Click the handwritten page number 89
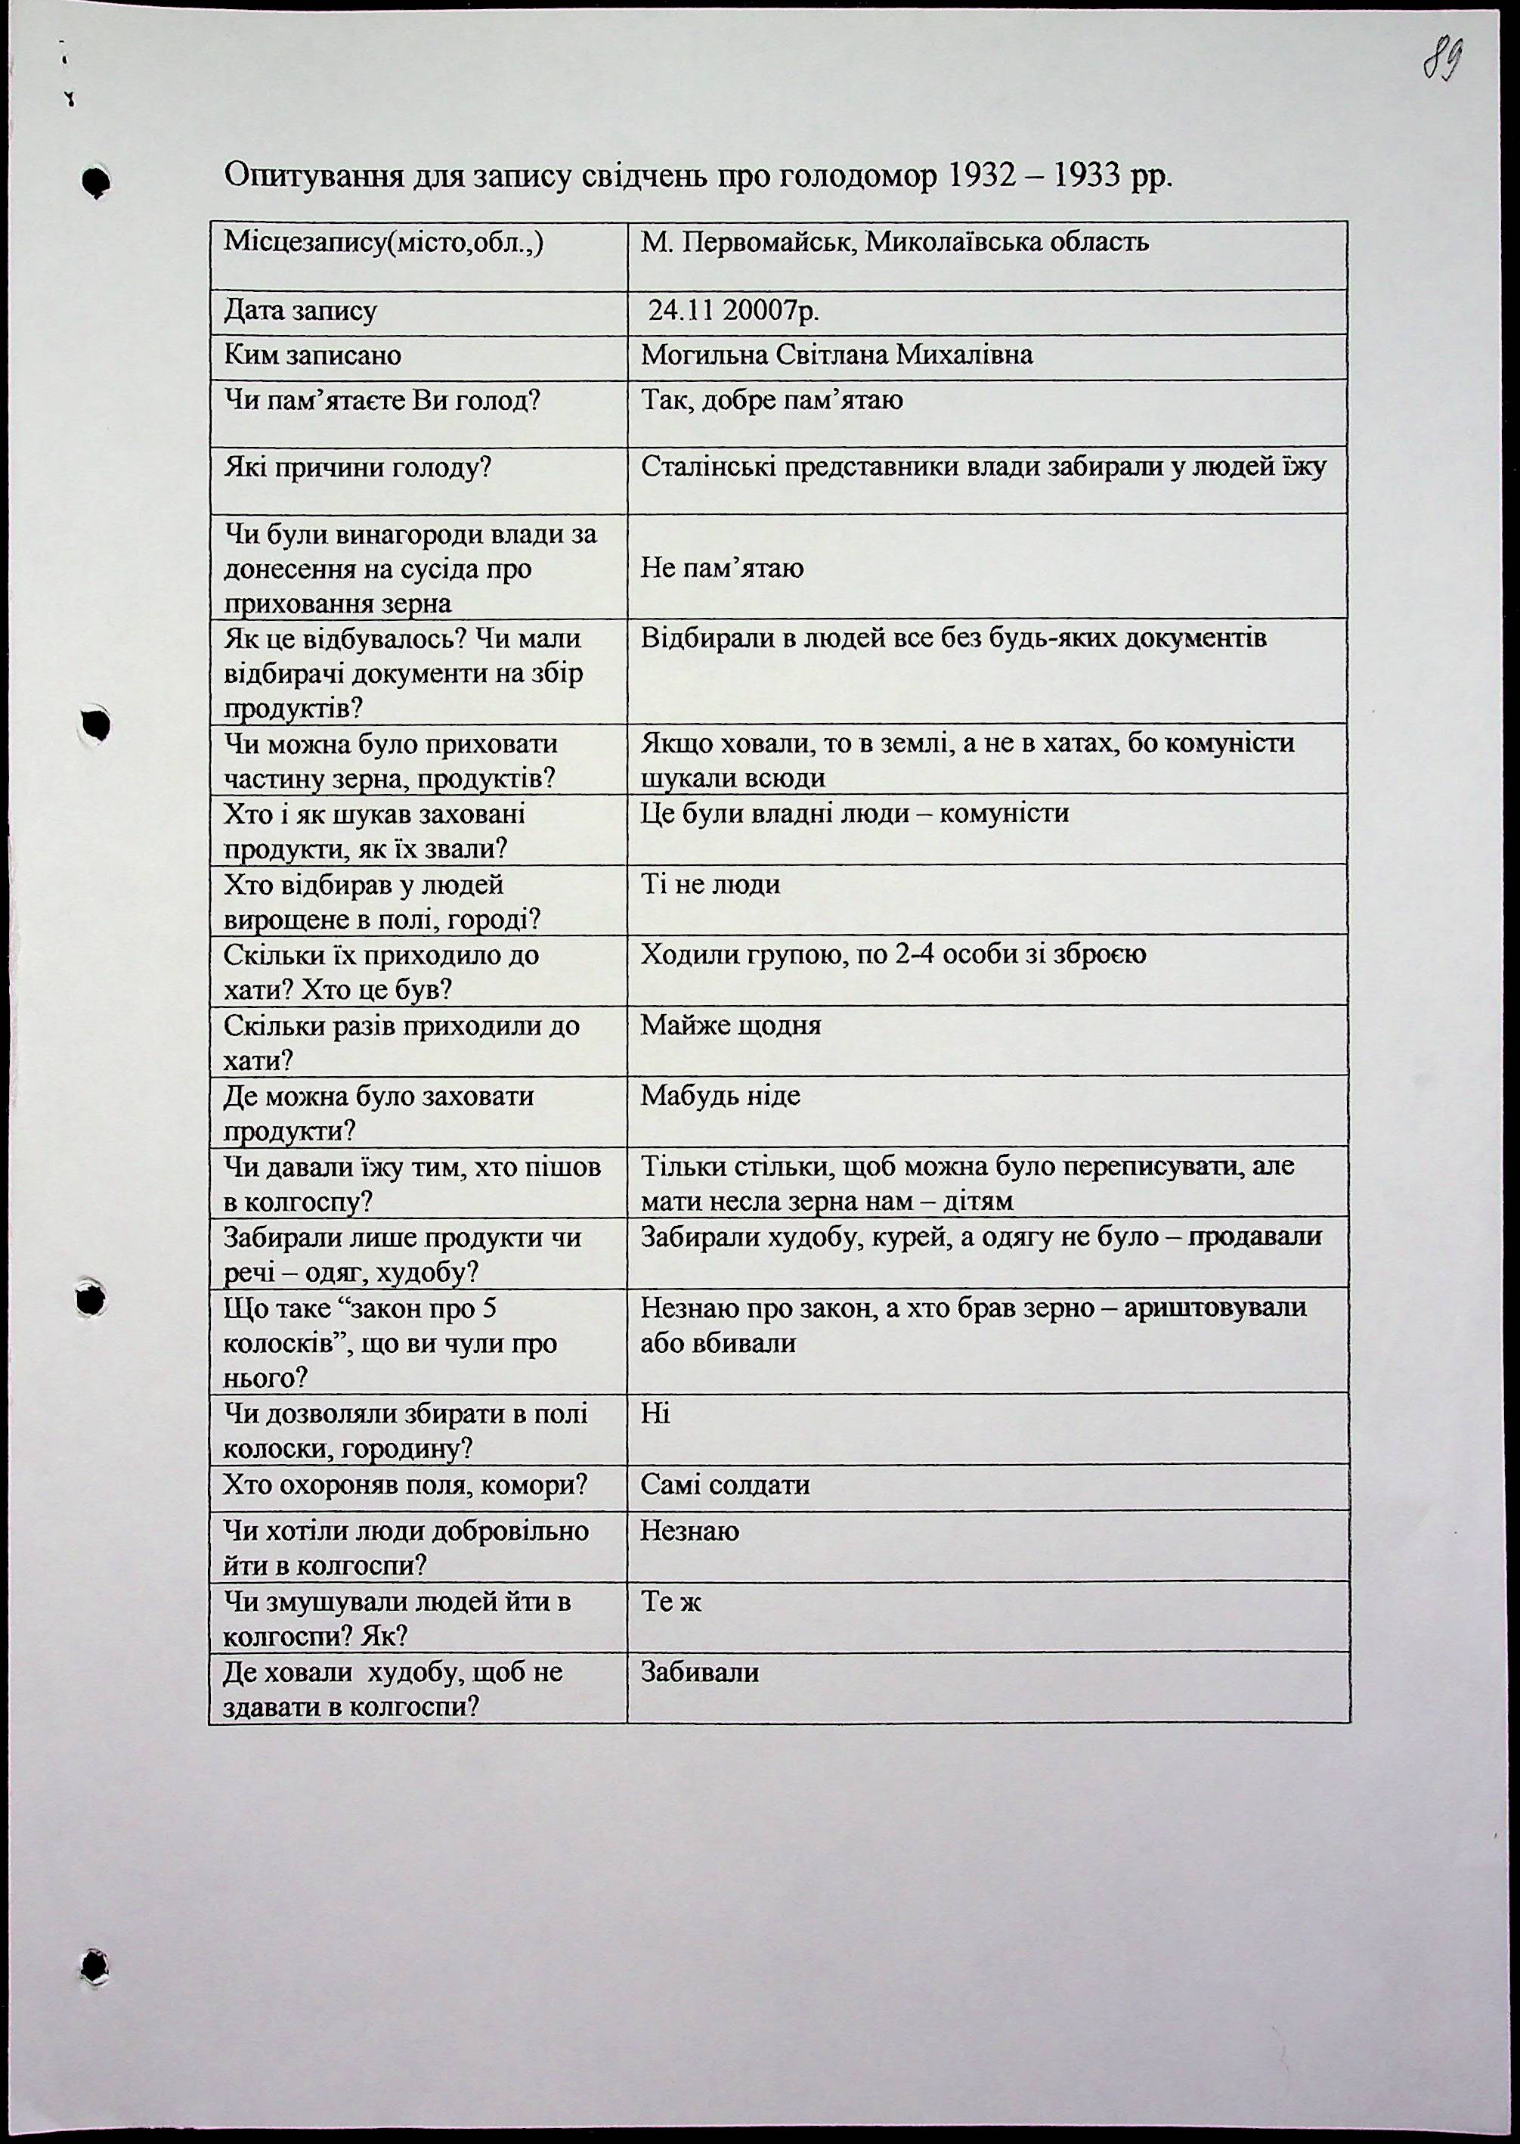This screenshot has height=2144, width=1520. [x=1443, y=62]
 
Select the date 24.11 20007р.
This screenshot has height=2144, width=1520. [x=735, y=311]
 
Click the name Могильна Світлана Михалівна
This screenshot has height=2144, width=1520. [x=837, y=355]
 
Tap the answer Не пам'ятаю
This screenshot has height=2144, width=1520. [x=722, y=568]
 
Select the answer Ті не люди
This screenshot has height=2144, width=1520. [x=710, y=884]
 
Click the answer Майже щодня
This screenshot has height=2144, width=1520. [x=730, y=1025]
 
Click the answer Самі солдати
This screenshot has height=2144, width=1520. [x=726, y=1485]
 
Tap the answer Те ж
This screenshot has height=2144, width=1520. [x=671, y=1602]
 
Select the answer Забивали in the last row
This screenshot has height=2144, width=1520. [x=699, y=1672]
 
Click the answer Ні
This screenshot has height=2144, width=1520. [x=655, y=1413]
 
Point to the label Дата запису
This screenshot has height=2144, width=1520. [x=299, y=311]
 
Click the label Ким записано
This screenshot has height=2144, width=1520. [x=313, y=355]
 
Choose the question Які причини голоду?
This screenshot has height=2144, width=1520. [x=358, y=467]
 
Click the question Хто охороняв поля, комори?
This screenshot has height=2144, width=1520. [x=405, y=1485]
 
